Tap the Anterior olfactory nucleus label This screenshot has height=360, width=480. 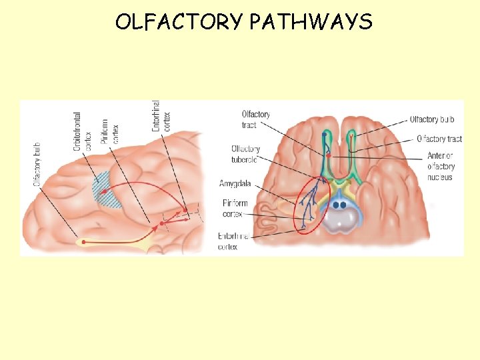[441, 167]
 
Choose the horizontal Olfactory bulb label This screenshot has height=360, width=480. [432, 119]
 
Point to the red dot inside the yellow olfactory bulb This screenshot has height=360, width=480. [83, 242]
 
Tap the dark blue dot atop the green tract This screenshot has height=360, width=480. [325, 135]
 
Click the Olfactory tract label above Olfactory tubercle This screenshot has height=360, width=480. [255, 119]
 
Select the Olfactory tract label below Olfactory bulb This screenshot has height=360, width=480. [439, 139]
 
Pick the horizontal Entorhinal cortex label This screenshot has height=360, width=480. [233, 241]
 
